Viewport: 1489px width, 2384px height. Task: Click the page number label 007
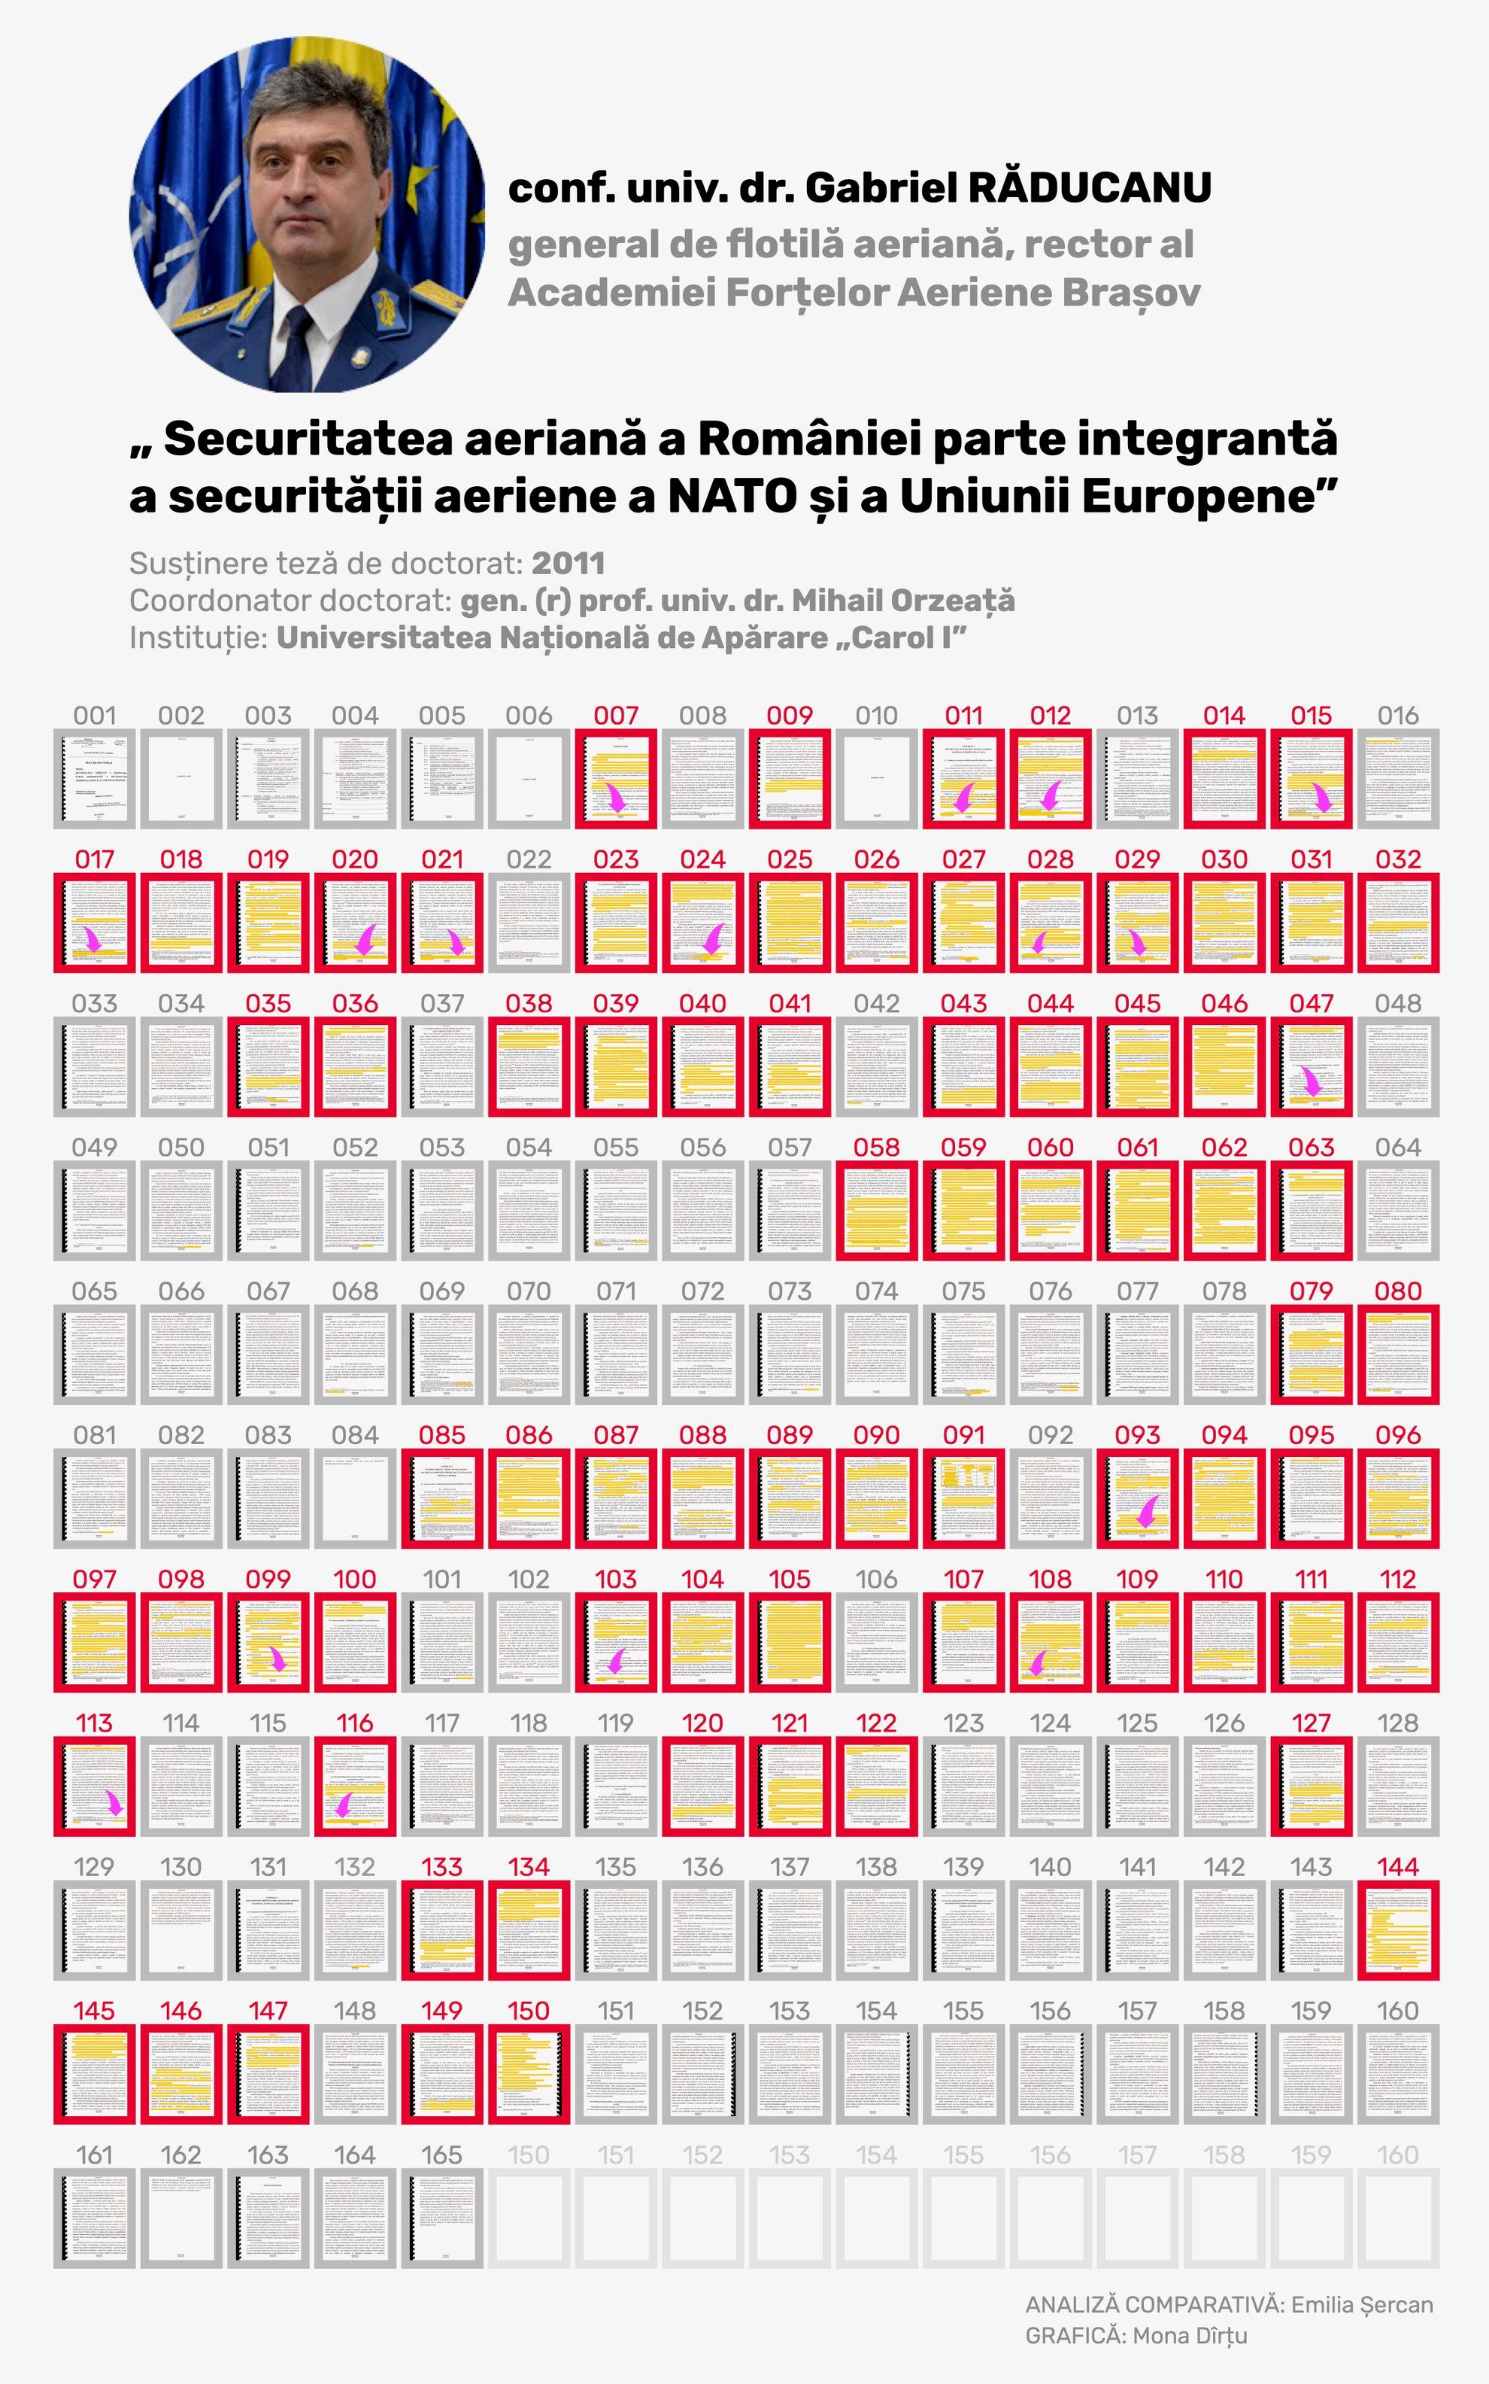pos(615,716)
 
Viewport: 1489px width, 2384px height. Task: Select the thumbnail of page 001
pos(95,778)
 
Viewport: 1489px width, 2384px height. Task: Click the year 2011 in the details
pos(569,564)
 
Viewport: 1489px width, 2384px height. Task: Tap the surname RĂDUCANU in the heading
pos(1090,187)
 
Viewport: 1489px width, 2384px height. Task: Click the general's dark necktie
pos(296,345)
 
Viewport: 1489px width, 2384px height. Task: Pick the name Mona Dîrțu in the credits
pos(1190,2336)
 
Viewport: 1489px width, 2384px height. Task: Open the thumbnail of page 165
pos(442,2221)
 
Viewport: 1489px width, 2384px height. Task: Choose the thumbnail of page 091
pos(963,1498)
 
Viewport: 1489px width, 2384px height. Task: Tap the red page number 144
pos(1397,1867)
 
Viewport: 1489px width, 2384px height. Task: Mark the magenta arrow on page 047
pos(1310,1081)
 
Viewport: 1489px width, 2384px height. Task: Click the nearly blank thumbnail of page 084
pos(356,1498)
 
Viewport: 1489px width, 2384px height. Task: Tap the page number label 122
pos(876,1723)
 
